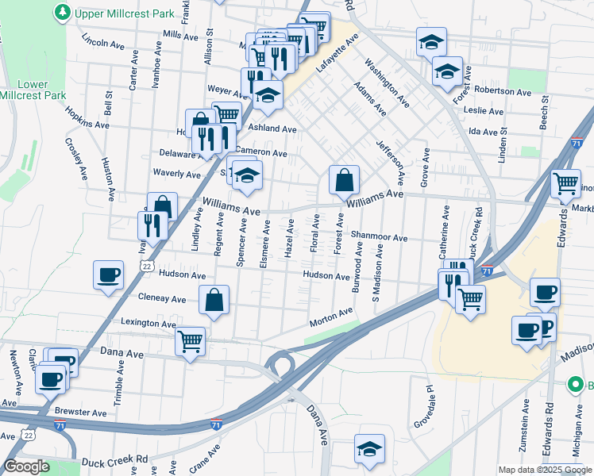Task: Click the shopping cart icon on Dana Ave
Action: (x=190, y=341)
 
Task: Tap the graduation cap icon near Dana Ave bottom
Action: (x=369, y=449)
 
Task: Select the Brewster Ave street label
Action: (x=81, y=413)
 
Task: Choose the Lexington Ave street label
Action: (x=148, y=324)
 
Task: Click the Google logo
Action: (x=27, y=466)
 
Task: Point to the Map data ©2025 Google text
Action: (x=546, y=470)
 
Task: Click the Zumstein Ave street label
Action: (x=525, y=425)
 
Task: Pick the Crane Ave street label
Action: (x=204, y=459)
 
